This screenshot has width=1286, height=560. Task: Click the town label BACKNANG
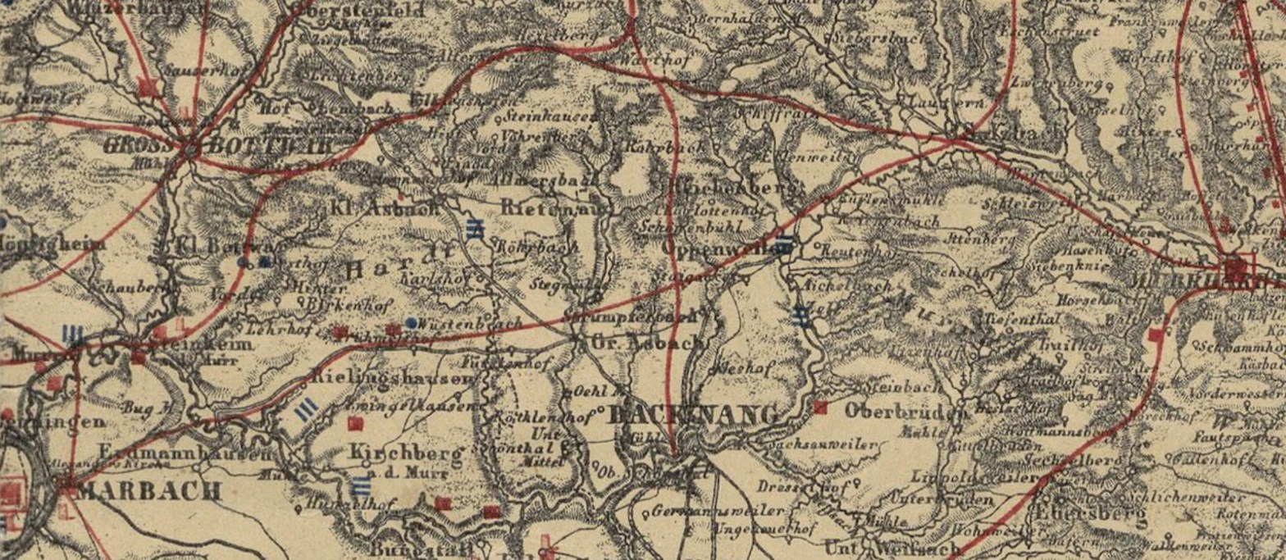point(694,415)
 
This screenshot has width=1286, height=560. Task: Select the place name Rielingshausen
point(393,379)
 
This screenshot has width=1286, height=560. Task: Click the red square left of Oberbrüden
point(820,407)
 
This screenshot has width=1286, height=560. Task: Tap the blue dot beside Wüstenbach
point(411,322)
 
